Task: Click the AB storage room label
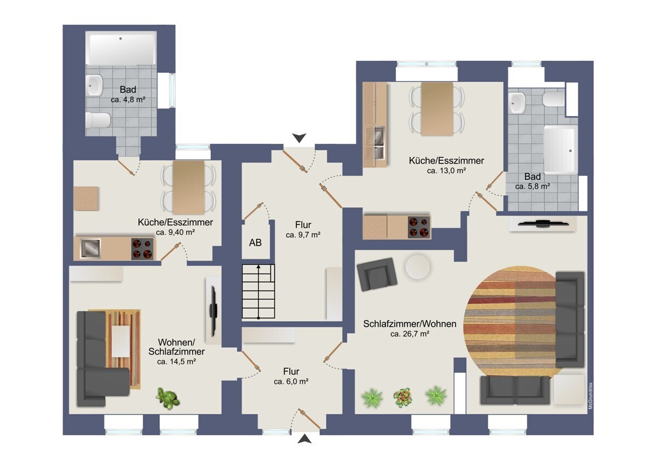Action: [255, 242]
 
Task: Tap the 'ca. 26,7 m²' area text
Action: [410, 334]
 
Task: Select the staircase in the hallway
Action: [258, 291]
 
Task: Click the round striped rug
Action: [510, 322]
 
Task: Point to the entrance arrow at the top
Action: [299, 138]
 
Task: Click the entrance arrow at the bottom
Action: [304, 439]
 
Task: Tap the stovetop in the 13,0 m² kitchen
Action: [419, 227]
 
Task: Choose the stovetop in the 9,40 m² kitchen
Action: [142, 248]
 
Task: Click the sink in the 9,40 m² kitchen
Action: [90, 248]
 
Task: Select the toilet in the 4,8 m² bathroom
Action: [98, 120]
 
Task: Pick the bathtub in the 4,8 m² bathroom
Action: [120, 48]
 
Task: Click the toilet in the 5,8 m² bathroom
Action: [552, 99]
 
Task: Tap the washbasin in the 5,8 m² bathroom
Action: [517, 103]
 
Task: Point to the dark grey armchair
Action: [377, 274]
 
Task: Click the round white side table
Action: [418, 267]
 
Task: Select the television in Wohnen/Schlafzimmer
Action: [214, 311]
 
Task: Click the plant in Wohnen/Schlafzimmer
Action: [168, 398]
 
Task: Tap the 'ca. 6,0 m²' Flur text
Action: [291, 381]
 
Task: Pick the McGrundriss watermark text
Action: [590, 396]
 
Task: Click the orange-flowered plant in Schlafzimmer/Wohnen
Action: [403, 398]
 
